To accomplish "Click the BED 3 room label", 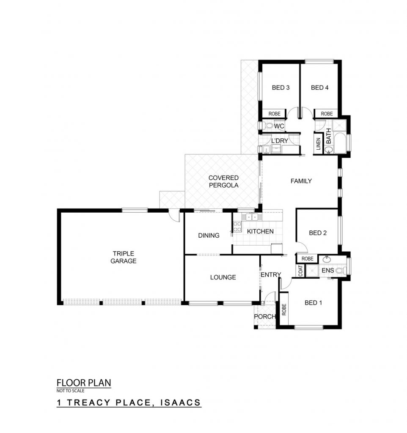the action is click(x=280, y=88).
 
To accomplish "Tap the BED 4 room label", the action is click(x=319, y=88).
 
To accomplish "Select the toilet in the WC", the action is click(x=268, y=126).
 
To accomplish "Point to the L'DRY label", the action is click(x=280, y=140).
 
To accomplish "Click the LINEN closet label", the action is click(x=318, y=144).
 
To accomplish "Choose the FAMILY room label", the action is click(x=301, y=181).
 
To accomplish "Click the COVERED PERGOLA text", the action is click(x=223, y=181).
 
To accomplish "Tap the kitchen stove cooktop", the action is click(x=237, y=227).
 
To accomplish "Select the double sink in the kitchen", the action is click(x=251, y=217).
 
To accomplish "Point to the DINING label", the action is click(x=209, y=235).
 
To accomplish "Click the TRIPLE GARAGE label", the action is click(x=123, y=257).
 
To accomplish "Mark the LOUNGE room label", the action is click(x=223, y=277).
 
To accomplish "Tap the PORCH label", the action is click(x=265, y=316).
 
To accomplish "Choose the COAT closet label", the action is click(x=301, y=271).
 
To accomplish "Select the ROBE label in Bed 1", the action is click(x=284, y=310).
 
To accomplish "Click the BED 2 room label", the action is click(x=318, y=233).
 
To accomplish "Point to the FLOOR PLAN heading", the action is click(x=84, y=383).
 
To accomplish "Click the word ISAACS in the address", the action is click(x=181, y=403).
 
